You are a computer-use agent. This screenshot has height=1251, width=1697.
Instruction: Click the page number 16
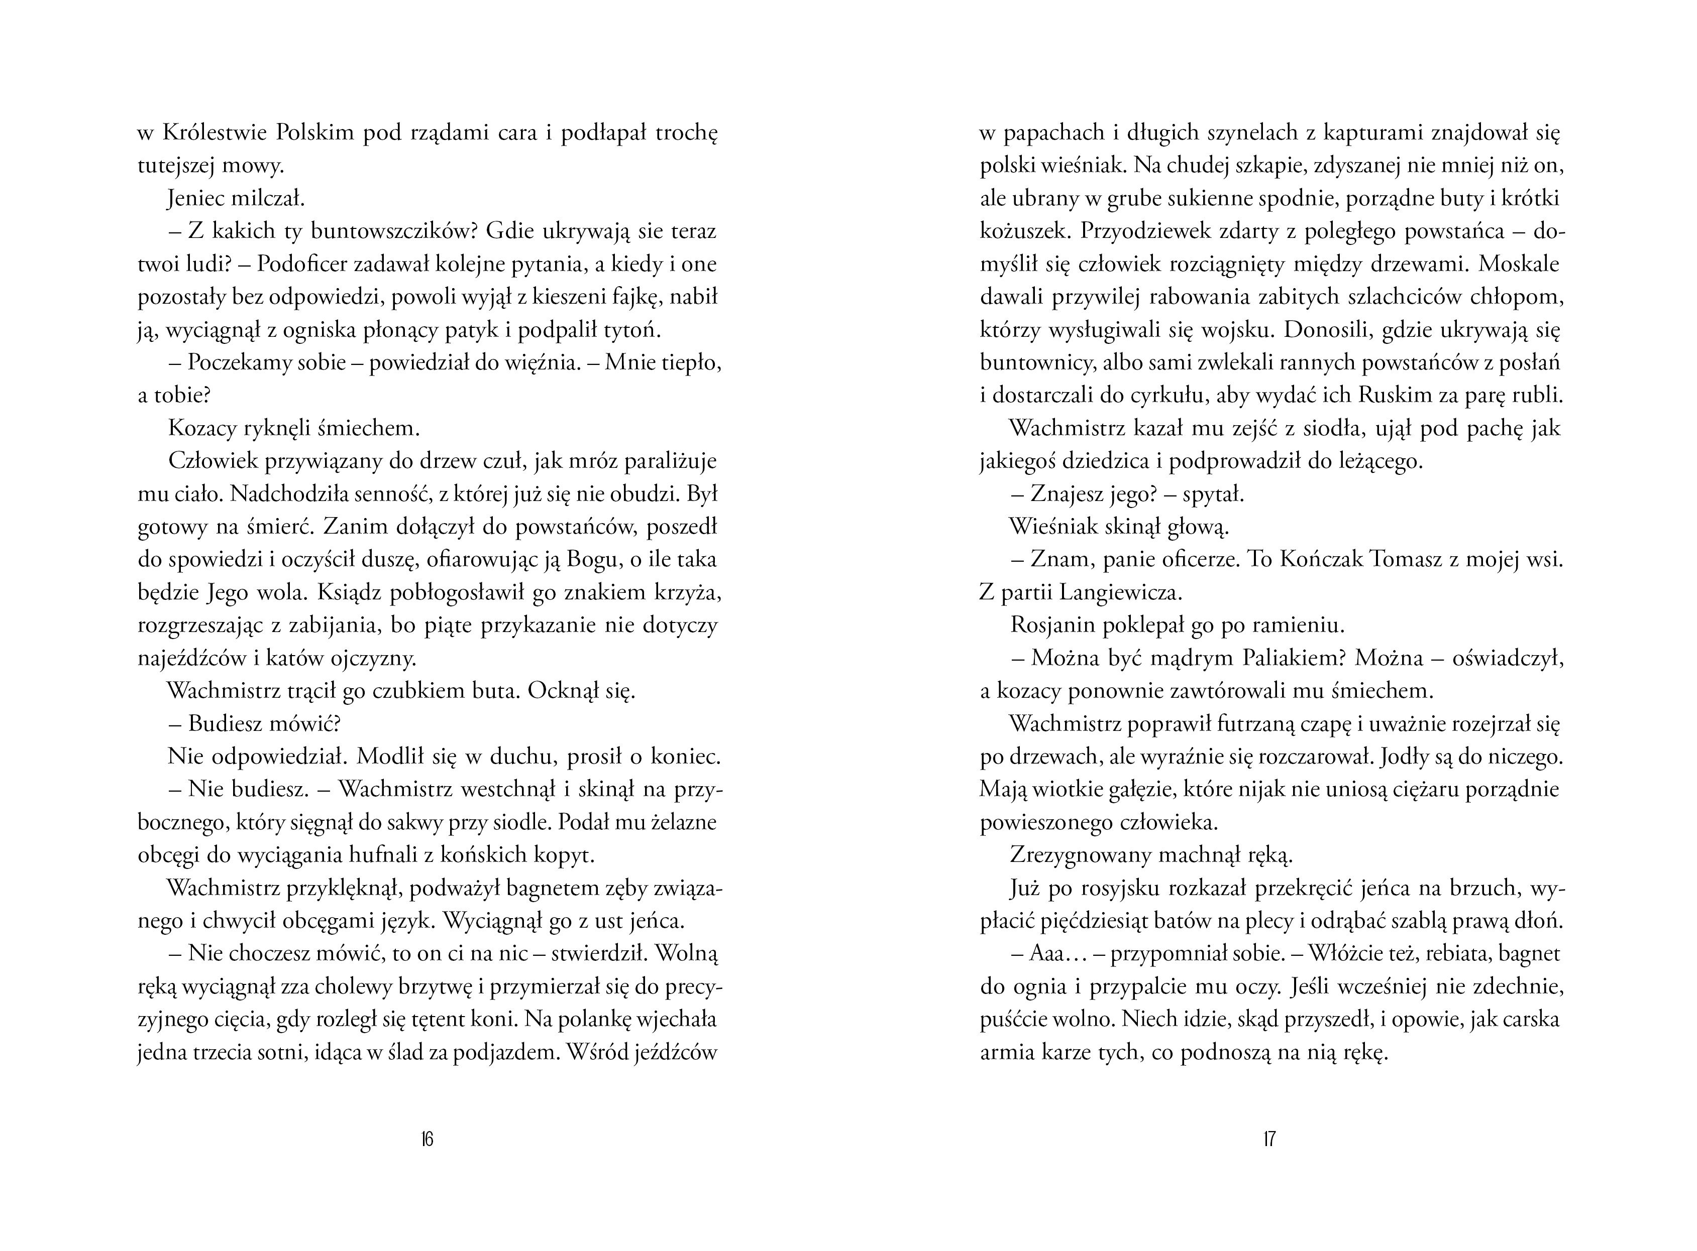(x=427, y=1139)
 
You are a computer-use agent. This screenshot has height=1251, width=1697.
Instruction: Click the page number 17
(x=1269, y=1139)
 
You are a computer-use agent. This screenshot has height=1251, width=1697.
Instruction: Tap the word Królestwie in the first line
(x=214, y=133)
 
